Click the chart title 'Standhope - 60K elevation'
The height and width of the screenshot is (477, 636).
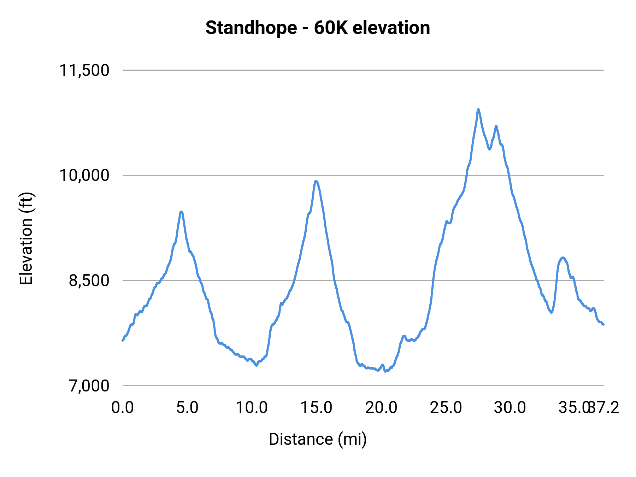(318, 28)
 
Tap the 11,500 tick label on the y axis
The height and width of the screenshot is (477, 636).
(84, 70)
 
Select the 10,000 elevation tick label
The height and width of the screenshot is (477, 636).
(84, 175)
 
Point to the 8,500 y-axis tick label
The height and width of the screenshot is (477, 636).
(89, 281)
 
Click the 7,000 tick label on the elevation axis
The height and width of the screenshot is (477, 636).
(89, 386)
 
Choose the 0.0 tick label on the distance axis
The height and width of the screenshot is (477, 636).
(122, 408)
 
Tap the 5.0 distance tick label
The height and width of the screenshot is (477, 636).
(187, 408)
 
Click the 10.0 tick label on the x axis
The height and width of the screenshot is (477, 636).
(252, 408)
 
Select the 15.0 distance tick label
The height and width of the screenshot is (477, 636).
(316, 408)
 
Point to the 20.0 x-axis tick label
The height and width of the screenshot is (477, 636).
(381, 408)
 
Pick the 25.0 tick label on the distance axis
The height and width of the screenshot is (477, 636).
(446, 408)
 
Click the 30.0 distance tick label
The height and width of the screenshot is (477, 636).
(510, 408)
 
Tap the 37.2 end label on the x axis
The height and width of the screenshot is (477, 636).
(605, 408)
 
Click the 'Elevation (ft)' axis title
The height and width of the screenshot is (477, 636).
(26, 238)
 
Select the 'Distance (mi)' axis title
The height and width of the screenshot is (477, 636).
(318, 439)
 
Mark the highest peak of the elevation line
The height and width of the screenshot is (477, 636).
(478, 110)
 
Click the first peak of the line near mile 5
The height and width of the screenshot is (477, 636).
(181, 212)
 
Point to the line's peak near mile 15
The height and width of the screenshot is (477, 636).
(316, 181)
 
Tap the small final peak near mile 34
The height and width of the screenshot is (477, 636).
(563, 258)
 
